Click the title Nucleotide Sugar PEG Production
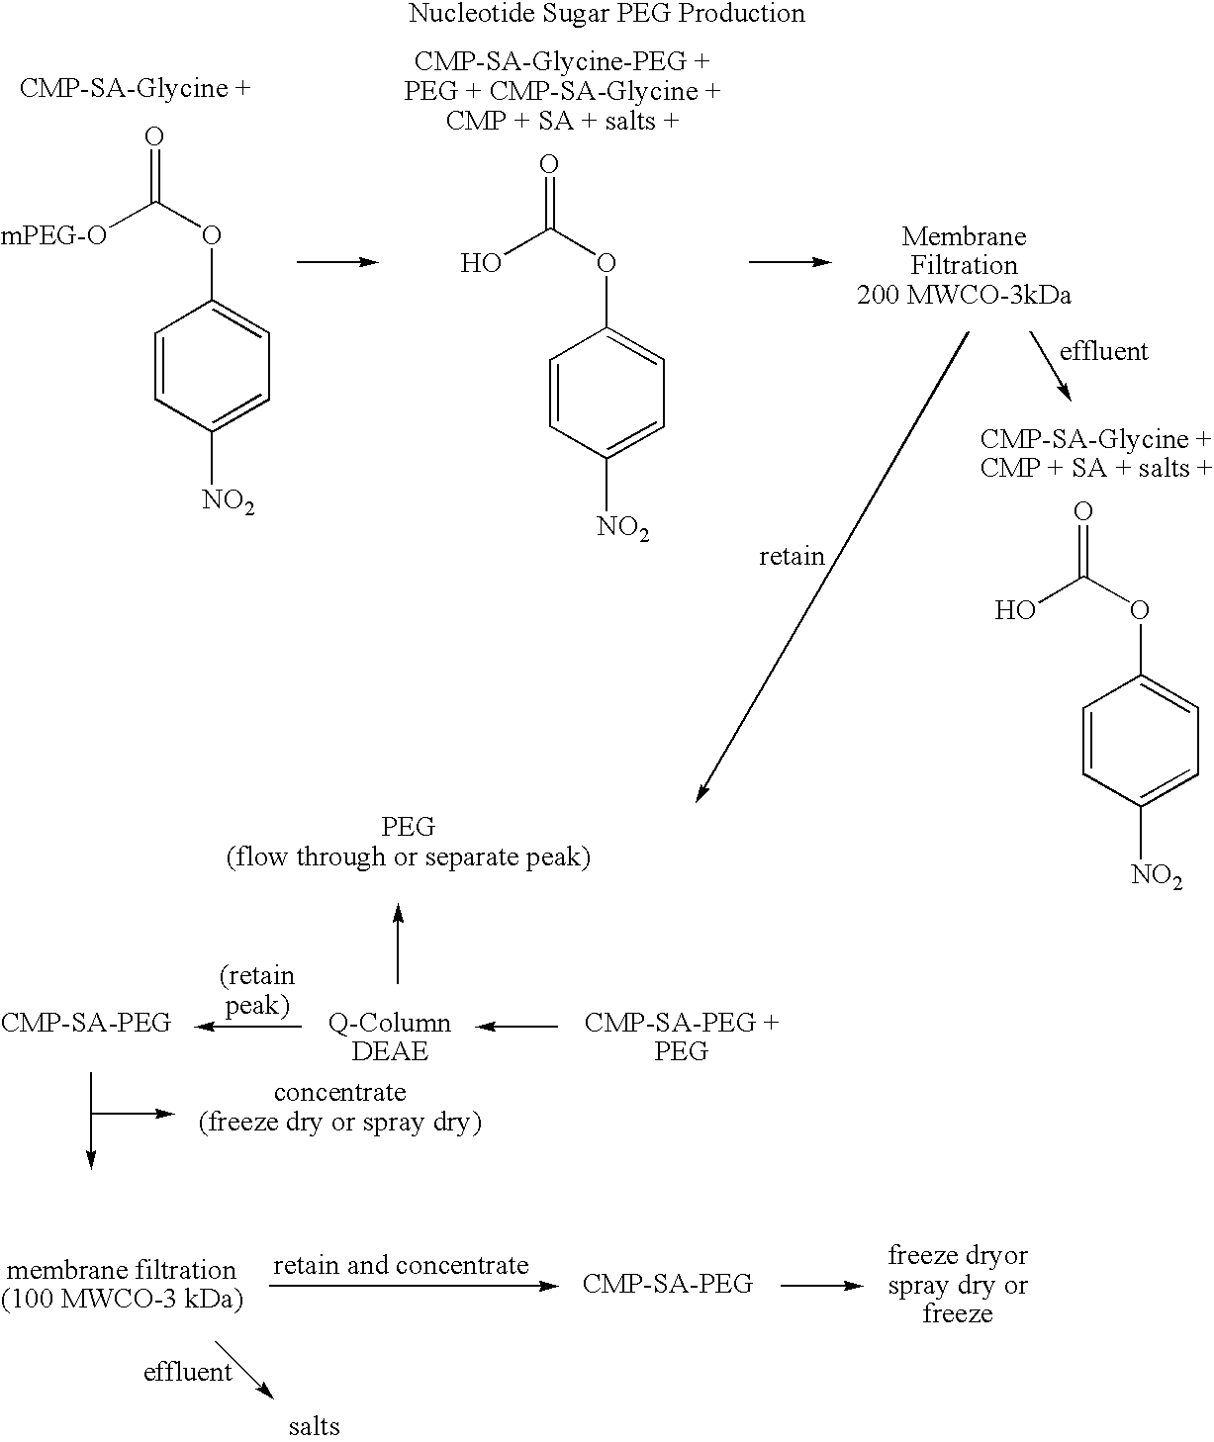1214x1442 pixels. coord(607,14)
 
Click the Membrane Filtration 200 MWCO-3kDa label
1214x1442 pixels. coord(964,265)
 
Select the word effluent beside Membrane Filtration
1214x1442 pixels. coord(1103,351)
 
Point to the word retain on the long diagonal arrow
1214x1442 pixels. coord(792,557)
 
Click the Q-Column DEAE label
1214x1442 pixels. coord(390,1036)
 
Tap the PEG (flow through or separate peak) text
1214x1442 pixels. coord(408,842)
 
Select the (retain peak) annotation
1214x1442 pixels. coord(256,990)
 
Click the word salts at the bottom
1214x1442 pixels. coord(315,1426)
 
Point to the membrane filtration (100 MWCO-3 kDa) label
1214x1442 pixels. coord(122,1284)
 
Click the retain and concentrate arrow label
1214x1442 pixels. coord(401,1265)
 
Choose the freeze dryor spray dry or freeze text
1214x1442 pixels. coord(958,1284)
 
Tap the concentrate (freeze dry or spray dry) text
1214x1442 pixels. coord(339,1108)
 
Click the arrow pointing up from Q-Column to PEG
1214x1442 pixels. coord(398,944)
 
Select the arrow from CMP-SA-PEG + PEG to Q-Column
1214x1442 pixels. coord(516,1027)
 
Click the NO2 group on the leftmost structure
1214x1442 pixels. coord(229,500)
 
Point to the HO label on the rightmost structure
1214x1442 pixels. coord(1014,610)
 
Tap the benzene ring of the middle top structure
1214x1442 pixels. coord(607,394)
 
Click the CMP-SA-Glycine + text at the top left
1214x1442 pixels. coord(135,89)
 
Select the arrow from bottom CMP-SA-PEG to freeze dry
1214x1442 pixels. coord(821,1286)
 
